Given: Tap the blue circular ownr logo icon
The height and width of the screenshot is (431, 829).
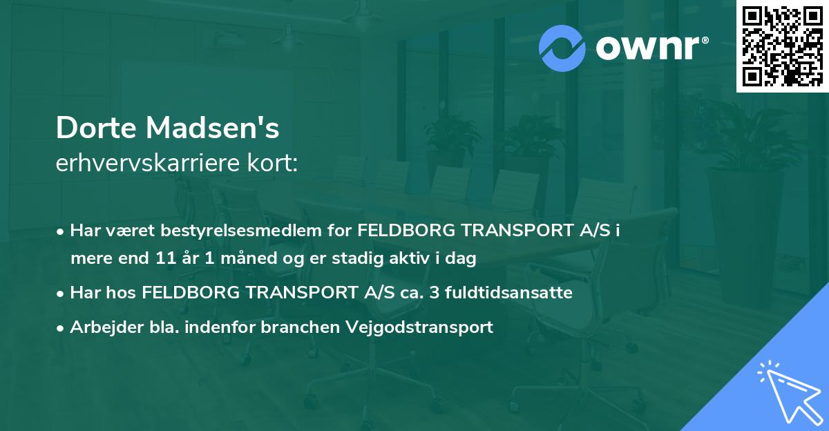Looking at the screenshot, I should pos(562,48).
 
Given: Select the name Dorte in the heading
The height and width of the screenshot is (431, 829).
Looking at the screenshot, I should pos(94,128).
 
